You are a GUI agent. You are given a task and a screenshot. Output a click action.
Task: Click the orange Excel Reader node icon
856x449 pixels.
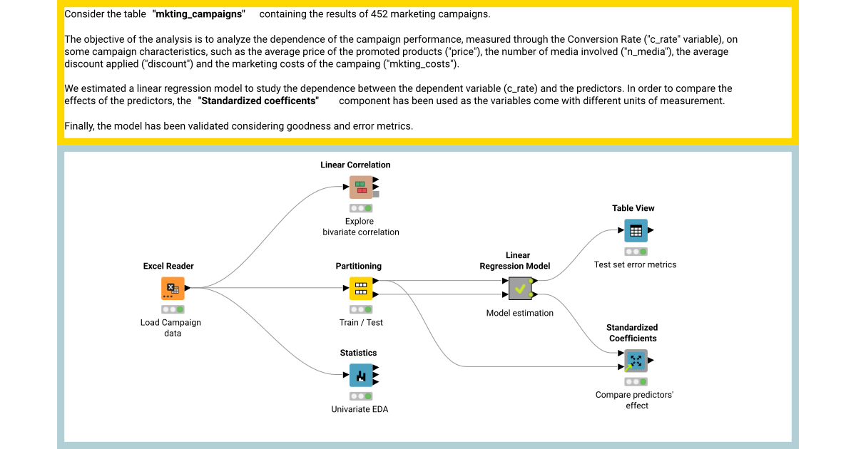coord(173,289)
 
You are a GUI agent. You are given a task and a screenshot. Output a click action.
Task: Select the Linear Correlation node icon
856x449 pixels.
coord(361,187)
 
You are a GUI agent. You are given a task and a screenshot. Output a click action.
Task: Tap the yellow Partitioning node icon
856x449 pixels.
coord(361,289)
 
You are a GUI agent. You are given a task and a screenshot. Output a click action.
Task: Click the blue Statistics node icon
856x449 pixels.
coord(361,376)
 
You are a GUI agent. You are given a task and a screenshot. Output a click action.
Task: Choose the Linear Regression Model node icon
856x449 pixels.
coord(520,289)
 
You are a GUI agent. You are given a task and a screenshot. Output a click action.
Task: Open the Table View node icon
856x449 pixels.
coord(636,230)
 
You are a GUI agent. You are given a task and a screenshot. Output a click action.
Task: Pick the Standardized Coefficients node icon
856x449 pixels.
coord(636,361)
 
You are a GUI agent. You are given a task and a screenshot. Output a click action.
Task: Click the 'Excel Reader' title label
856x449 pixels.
coord(168,266)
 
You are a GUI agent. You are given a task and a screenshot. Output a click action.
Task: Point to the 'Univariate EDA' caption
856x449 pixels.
coord(360,409)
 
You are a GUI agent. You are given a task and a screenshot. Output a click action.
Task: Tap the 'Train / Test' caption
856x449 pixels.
coord(361,322)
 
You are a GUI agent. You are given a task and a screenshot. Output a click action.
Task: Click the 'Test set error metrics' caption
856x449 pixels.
coord(635,264)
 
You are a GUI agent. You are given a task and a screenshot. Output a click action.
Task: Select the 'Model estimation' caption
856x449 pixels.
coord(520,313)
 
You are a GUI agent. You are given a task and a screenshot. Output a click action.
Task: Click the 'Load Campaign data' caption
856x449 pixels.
coord(171,328)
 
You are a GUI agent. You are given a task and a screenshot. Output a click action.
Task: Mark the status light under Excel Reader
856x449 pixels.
coord(173,309)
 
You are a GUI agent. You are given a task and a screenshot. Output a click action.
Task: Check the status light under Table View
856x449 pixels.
coord(636,252)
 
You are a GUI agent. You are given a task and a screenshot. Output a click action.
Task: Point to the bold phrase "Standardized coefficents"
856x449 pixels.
coord(258,101)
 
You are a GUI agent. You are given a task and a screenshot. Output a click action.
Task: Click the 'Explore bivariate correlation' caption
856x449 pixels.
coord(361,227)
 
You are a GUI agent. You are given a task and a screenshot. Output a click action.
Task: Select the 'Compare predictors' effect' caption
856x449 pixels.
coord(635,400)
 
